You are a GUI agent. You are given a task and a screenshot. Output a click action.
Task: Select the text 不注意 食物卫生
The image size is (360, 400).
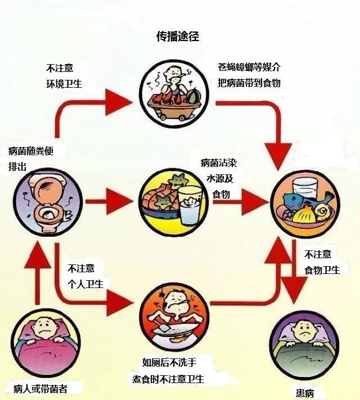[x=322, y=262]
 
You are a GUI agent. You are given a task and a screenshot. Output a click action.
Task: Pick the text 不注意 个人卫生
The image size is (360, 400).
[x=85, y=275]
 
